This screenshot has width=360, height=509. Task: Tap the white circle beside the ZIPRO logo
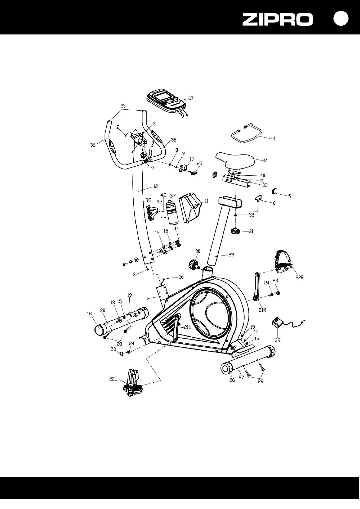[341, 18]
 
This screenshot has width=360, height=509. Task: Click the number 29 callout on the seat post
[231, 255]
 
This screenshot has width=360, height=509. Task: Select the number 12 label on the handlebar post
[155, 186]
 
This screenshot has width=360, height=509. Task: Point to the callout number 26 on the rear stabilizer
[232, 380]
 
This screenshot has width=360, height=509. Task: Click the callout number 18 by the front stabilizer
[89, 314]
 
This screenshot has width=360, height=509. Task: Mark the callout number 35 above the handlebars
[123, 106]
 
